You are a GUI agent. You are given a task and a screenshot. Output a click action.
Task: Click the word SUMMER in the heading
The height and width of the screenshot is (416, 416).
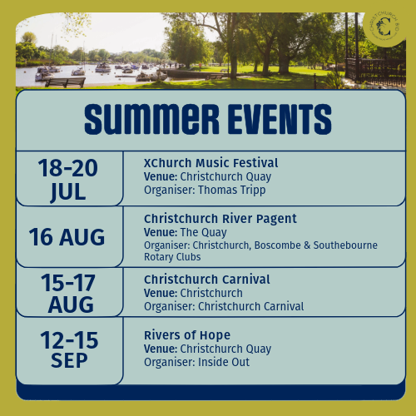(151, 119)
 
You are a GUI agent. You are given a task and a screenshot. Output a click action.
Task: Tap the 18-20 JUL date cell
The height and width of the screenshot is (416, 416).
(69, 178)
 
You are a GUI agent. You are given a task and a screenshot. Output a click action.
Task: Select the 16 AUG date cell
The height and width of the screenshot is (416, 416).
(69, 237)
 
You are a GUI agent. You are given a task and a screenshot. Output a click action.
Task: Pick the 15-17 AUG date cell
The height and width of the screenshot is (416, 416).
(69, 292)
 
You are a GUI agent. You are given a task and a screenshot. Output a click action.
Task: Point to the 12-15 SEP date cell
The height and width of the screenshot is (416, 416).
(69, 350)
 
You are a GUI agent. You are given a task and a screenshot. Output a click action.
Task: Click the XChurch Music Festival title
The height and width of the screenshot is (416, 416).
(210, 163)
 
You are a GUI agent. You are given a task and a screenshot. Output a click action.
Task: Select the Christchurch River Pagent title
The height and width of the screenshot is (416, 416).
(220, 219)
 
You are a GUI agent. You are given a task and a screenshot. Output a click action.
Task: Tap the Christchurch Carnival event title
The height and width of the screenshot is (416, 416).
(207, 280)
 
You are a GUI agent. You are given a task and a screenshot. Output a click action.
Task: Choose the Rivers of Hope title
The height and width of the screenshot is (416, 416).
(187, 335)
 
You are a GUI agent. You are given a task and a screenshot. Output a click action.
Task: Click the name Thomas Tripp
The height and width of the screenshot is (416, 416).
(232, 191)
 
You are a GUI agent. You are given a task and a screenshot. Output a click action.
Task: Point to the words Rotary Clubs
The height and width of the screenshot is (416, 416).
(172, 257)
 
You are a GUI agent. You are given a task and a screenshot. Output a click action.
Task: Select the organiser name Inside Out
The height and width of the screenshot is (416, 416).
(224, 362)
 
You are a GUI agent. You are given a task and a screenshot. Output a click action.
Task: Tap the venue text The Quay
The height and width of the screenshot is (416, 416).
(203, 232)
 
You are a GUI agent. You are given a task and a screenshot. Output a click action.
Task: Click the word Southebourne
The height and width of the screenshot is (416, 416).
(345, 245)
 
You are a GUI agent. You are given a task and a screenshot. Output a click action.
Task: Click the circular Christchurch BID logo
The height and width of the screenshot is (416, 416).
(384, 26)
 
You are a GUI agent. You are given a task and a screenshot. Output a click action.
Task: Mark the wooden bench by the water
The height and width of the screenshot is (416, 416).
(66, 82)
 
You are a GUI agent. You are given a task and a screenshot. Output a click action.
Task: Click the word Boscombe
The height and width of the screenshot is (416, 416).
(278, 245)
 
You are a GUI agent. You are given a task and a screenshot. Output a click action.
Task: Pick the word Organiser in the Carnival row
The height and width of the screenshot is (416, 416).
(170, 307)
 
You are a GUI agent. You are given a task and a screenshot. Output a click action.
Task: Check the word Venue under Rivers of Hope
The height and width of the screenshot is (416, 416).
(161, 349)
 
